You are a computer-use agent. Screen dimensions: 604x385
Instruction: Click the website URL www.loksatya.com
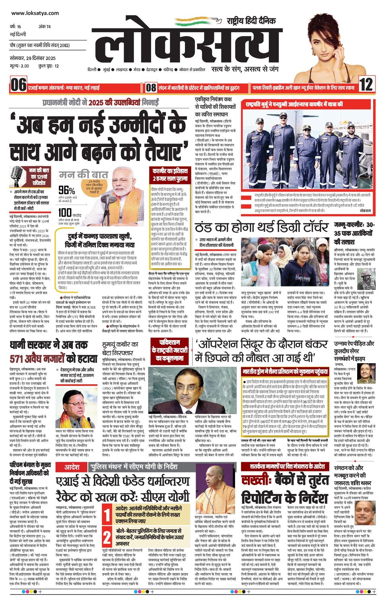[x=35, y=13]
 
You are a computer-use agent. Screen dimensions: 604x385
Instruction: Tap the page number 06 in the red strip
[x=18, y=85]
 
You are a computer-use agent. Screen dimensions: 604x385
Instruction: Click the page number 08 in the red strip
[x=151, y=87]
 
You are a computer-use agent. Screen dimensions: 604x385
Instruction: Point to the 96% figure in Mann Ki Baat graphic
[x=66, y=190]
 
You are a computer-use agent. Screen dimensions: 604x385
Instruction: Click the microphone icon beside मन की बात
[x=17, y=175]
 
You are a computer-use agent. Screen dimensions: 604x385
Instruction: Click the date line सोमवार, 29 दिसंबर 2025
[x=33, y=58]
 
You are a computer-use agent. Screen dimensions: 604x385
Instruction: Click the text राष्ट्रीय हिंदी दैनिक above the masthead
[x=251, y=21]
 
